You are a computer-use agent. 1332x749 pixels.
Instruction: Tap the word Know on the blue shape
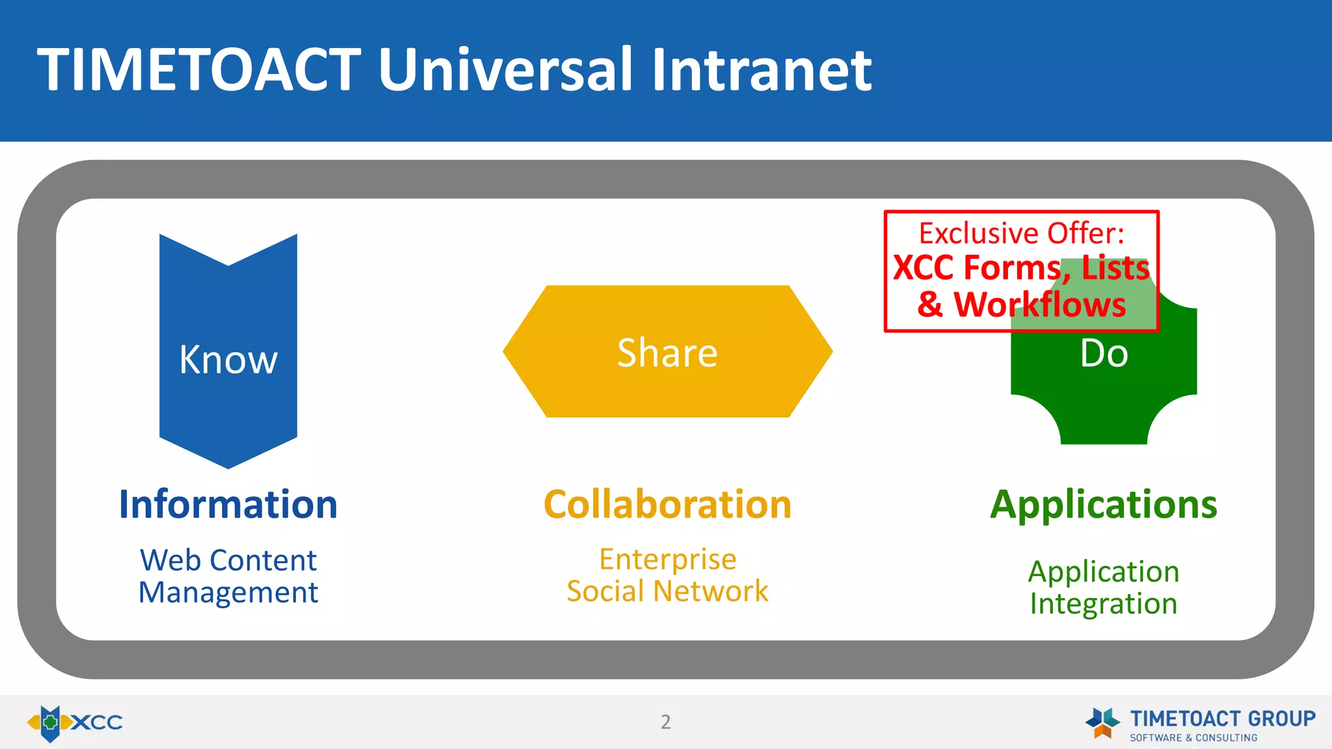[228, 360]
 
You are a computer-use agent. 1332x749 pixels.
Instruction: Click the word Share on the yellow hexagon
[667, 353]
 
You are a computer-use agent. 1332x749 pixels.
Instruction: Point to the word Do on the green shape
[1104, 354]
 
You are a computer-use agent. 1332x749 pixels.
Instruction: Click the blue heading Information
[228, 505]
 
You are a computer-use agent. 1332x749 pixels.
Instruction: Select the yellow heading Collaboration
[667, 505]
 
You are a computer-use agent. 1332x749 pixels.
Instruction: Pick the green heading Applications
[1104, 505]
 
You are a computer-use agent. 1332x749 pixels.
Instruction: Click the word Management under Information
[228, 592]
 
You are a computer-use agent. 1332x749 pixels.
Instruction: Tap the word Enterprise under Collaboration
[667, 559]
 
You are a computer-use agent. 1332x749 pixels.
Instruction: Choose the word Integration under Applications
[1104, 603]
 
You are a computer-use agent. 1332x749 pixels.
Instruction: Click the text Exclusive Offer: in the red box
[1021, 233]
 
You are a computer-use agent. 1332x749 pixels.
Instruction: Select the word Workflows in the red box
[1039, 304]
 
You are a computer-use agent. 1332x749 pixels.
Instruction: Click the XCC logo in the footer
[74, 722]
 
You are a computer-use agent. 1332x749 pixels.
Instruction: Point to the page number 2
[665, 722]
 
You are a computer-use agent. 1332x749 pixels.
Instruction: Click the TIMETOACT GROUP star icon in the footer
[1102, 722]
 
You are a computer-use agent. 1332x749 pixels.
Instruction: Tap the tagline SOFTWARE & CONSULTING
[1193, 738]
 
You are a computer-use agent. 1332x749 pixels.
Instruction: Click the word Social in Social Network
[606, 591]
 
